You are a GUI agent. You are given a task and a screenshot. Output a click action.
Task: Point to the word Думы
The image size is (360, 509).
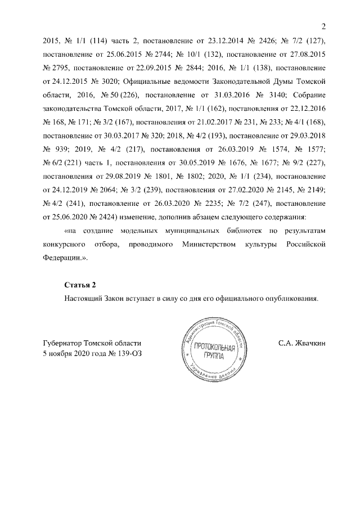[x=285, y=82]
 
